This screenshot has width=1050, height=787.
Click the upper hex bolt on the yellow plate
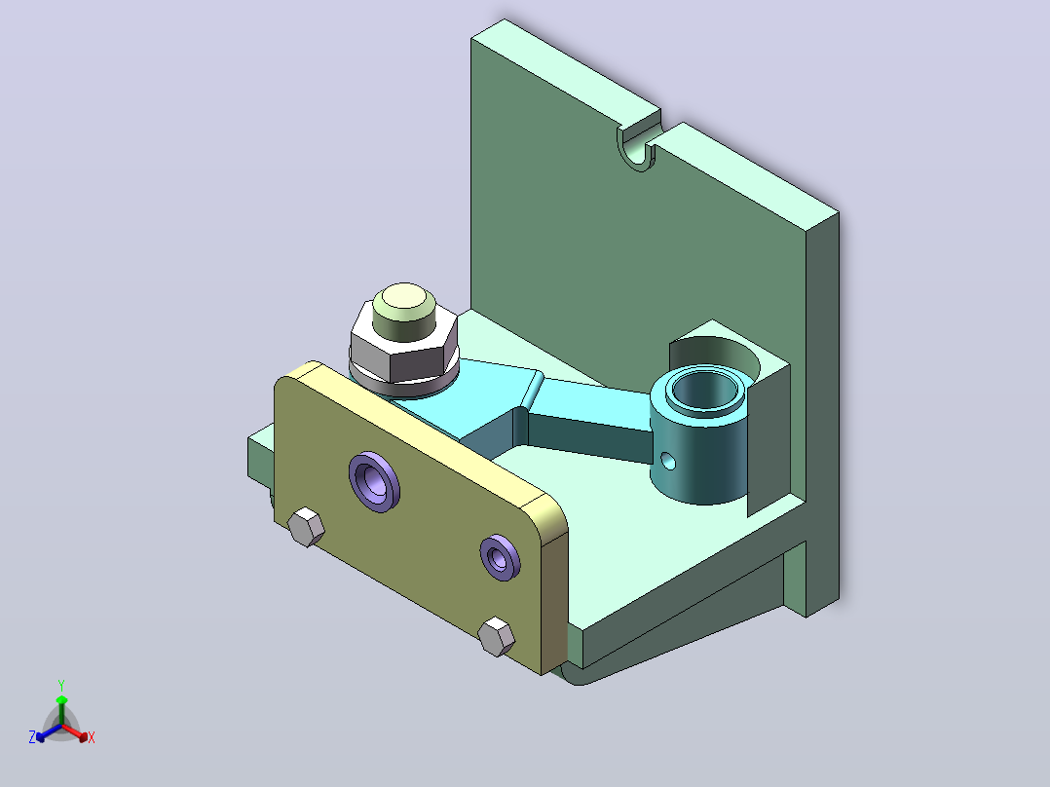306,527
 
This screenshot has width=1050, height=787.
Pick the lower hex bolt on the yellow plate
496,636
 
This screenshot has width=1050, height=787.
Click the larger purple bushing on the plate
374,482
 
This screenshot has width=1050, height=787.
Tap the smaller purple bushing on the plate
501,557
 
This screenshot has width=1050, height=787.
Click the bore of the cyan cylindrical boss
705,390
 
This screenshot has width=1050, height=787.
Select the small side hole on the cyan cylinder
668,460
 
